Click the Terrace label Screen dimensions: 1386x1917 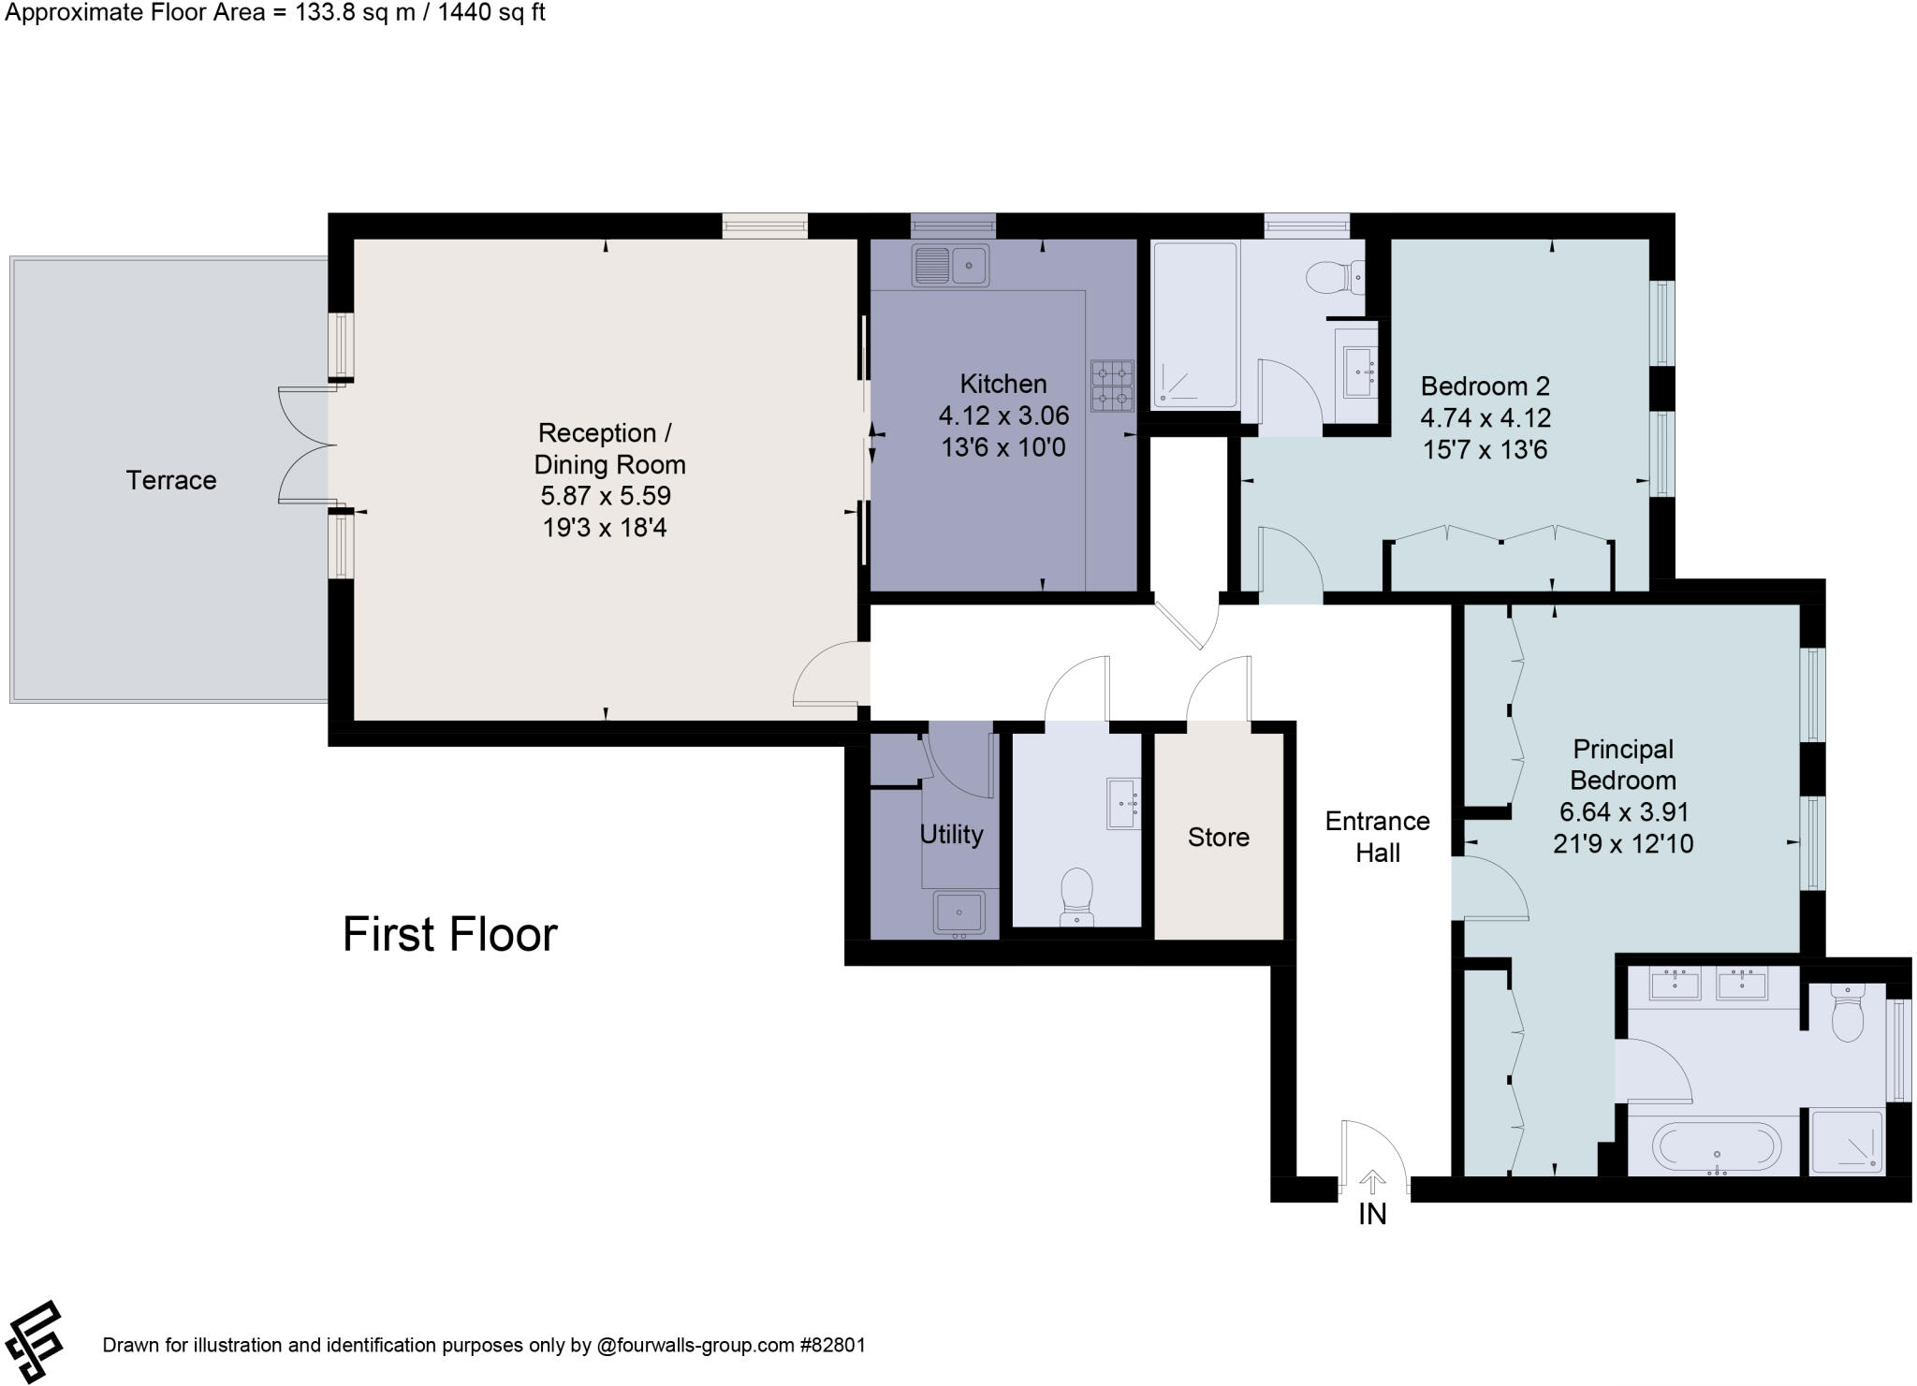click(171, 480)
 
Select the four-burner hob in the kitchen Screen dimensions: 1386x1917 click(1111, 386)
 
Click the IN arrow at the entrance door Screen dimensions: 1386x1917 click(1372, 1182)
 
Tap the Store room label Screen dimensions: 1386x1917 click(1218, 837)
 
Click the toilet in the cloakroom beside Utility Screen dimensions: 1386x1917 click(1077, 894)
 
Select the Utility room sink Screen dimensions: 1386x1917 click(958, 911)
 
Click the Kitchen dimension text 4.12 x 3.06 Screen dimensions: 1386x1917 click(1003, 416)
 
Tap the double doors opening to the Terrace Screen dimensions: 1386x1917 click(305, 445)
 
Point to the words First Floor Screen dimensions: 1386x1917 click(449, 934)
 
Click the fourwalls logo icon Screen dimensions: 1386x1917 click(35, 1342)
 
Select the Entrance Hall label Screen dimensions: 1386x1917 click(1377, 837)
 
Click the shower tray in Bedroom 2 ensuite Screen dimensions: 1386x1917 click(1194, 325)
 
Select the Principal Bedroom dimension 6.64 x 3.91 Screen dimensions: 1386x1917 click(1623, 811)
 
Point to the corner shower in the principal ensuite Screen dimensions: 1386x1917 click(1846, 1142)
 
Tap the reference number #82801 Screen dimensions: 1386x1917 click(832, 1345)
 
